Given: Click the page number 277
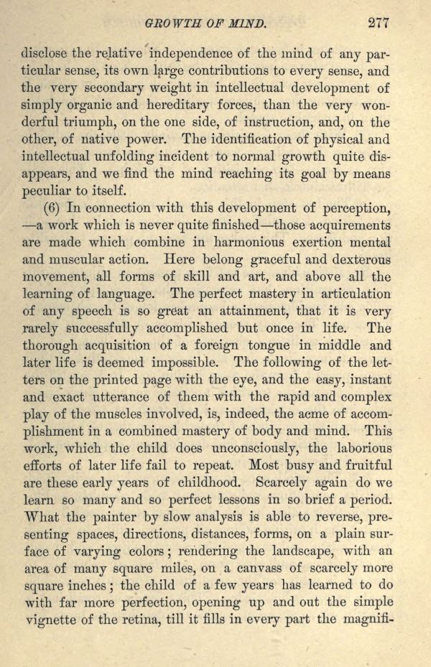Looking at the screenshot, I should click(378, 22).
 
